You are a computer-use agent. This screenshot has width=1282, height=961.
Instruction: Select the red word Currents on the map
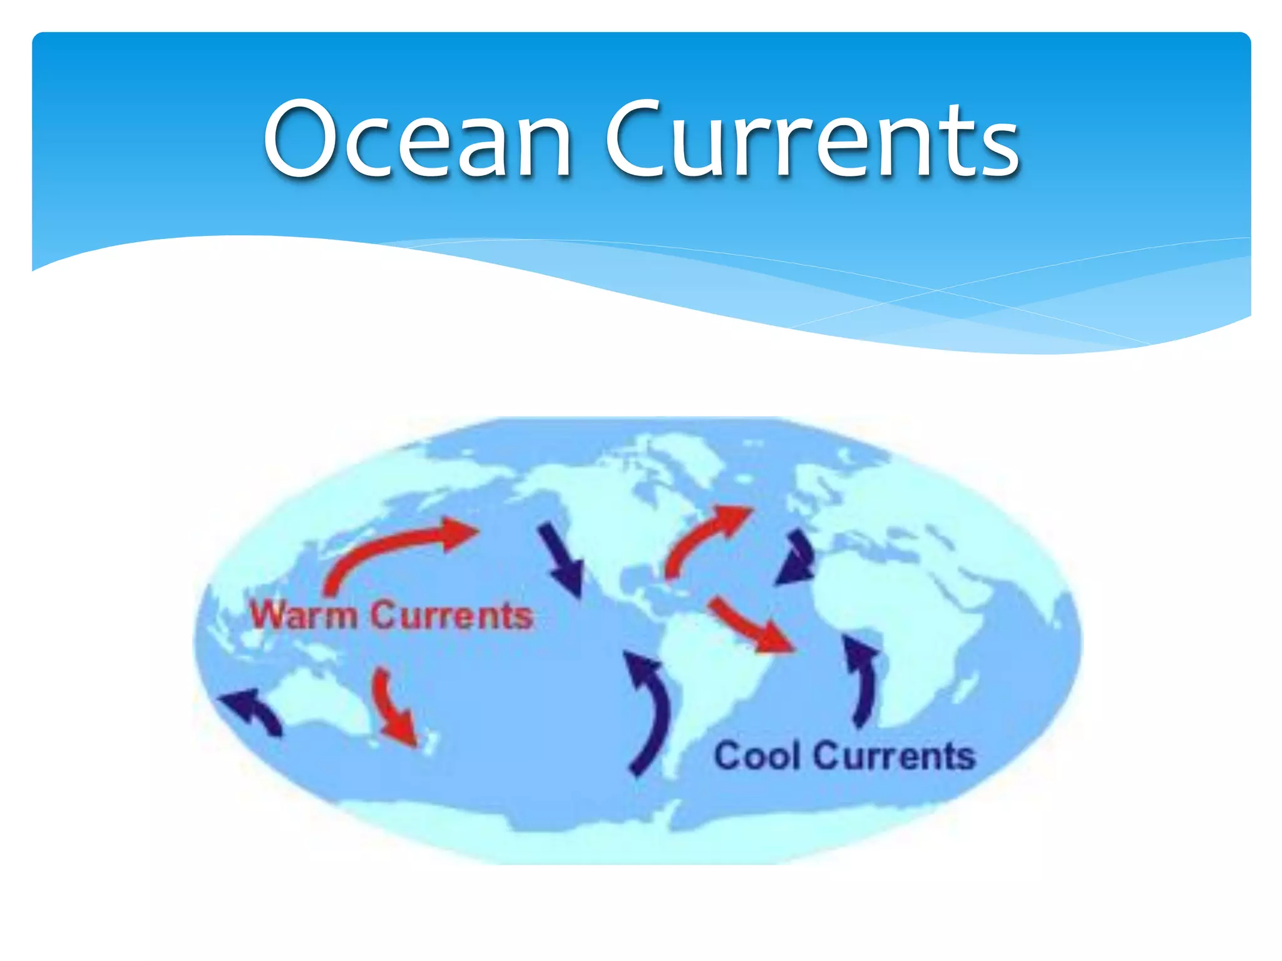(451, 616)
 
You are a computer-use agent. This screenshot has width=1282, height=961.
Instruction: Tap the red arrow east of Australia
(394, 707)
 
